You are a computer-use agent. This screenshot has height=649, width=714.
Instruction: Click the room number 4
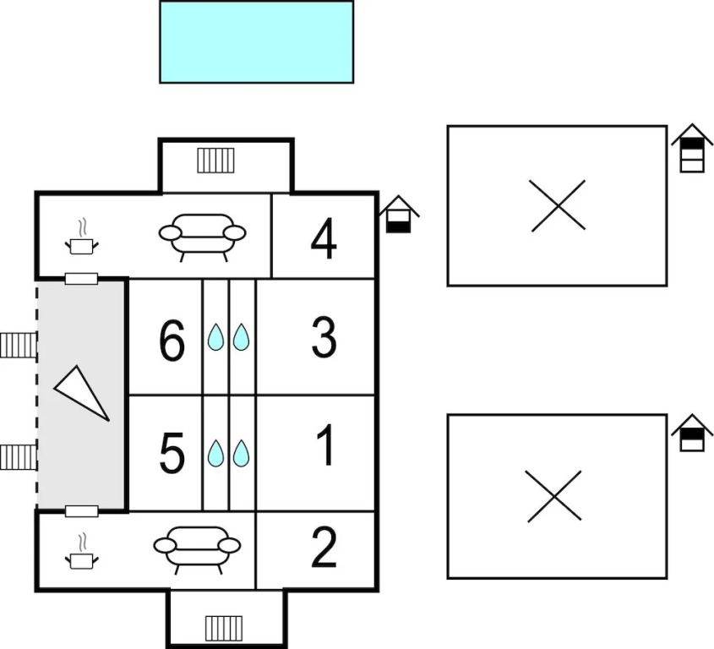point(324,239)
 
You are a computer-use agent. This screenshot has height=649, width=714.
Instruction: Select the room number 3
point(324,338)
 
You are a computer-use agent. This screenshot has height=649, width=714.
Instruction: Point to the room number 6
point(172,343)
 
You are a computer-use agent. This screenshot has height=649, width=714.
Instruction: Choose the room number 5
point(172,454)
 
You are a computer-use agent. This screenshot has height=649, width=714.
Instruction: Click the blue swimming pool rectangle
point(256,41)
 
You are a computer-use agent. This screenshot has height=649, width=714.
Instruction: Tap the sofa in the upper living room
point(202,234)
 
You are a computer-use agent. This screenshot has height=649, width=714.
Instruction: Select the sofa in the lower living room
point(197,547)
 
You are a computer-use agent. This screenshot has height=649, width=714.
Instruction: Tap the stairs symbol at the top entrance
point(215,160)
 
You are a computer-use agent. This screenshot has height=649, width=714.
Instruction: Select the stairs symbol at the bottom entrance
point(223,627)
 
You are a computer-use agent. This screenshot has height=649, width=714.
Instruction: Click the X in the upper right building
point(559,205)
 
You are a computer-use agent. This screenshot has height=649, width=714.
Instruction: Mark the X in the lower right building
point(553,495)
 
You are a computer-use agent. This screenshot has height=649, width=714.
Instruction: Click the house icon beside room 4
point(398,215)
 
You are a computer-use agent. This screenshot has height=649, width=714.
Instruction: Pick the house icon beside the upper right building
point(692,148)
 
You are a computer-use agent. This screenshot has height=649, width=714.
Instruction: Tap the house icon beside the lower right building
point(692,433)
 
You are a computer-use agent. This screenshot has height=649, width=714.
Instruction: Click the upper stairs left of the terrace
point(19,345)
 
